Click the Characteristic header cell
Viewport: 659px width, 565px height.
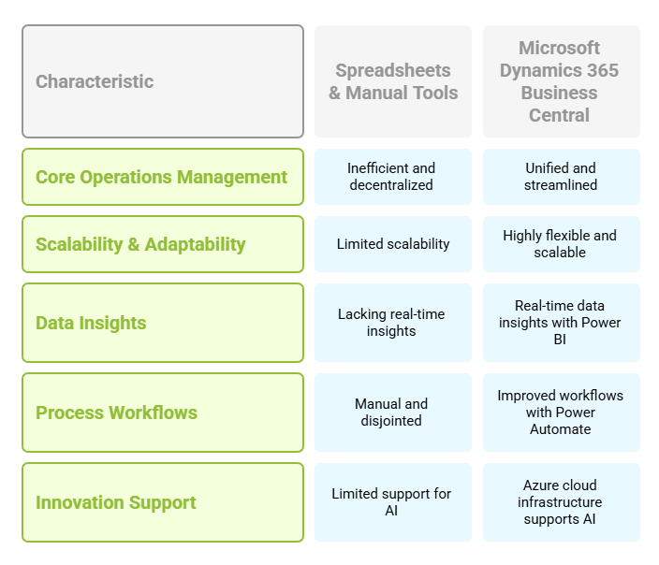(163, 81)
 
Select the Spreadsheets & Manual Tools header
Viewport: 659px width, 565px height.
(393, 81)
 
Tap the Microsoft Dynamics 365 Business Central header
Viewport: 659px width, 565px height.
(562, 81)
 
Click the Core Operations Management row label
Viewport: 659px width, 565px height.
(163, 177)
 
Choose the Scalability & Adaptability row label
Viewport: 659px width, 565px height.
(163, 244)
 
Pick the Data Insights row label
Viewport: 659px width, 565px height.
(163, 323)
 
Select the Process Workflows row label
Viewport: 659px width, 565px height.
(163, 413)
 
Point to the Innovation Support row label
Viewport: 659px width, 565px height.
(163, 502)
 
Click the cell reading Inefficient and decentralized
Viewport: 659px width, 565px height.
(393, 177)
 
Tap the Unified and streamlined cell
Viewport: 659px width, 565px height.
(562, 177)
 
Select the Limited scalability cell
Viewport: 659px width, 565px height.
(393, 244)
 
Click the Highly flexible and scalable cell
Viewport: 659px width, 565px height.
(562, 244)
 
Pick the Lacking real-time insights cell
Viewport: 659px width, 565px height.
(393, 323)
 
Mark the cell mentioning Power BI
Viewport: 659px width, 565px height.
(562, 323)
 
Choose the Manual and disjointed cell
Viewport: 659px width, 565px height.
(393, 413)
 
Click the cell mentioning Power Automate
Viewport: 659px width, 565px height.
(562, 413)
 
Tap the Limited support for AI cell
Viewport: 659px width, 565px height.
(393, 502)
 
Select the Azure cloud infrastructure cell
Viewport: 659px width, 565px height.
(562, 502)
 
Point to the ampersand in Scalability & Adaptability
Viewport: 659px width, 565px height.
(134, 244)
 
